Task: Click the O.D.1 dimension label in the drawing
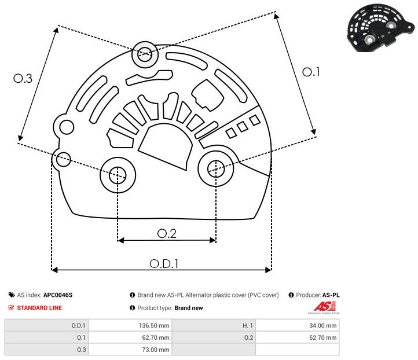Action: click(x=164, y=263)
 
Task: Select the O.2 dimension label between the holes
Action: click(x=167, y=233)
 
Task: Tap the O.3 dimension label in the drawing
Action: click(x=23, y=79)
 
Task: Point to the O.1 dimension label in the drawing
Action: click(x=311, y=72)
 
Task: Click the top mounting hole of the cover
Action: click(x=144, y=56)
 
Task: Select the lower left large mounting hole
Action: click(x=118, y=173)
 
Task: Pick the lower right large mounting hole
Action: click(x=215, y=168)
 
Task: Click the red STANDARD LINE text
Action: click(x=39, y=308)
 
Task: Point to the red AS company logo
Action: click(x=322, y=306)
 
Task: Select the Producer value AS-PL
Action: click(x=331, y=295)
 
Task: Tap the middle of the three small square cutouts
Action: click(x=243, y=126)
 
